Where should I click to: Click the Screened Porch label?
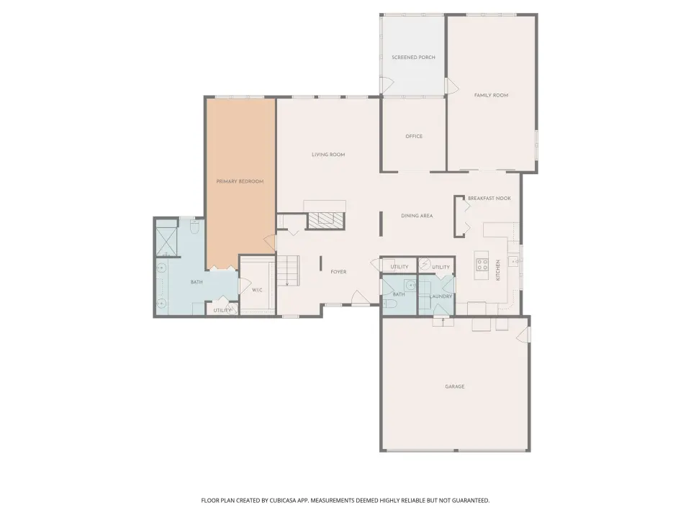413,58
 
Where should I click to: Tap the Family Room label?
491,95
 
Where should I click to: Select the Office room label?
414,137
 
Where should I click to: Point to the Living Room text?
328,155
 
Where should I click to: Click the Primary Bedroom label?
240,181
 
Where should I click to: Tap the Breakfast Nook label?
489,199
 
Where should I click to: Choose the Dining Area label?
417,216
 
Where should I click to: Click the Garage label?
455,387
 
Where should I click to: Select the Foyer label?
338,272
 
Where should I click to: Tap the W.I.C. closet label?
257,290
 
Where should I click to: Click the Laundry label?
441,296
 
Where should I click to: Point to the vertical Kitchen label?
498,270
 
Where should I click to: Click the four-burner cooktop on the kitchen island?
482,264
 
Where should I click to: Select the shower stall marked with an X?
166,242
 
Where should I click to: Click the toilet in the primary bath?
195,227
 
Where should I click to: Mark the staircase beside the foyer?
288,271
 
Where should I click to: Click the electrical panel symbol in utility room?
425,264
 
